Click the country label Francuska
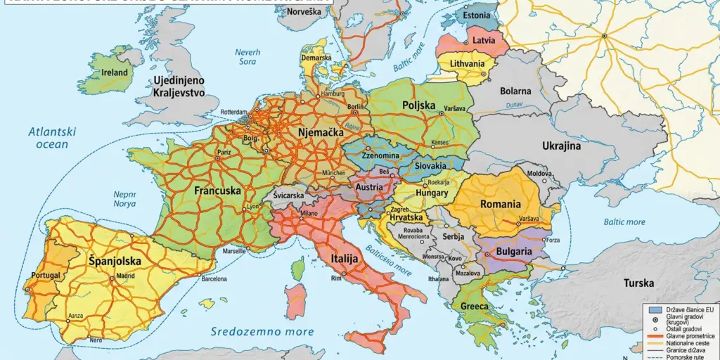(x=218, y=191)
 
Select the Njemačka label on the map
(x=320, y=131)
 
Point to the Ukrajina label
(x=561, y=146)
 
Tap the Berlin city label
(x=355, y=106)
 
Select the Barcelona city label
(x=214, y=278)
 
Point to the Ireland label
(x=115, y=72)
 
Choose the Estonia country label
(x=476, y=15)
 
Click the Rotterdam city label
(x=233, y=112)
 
